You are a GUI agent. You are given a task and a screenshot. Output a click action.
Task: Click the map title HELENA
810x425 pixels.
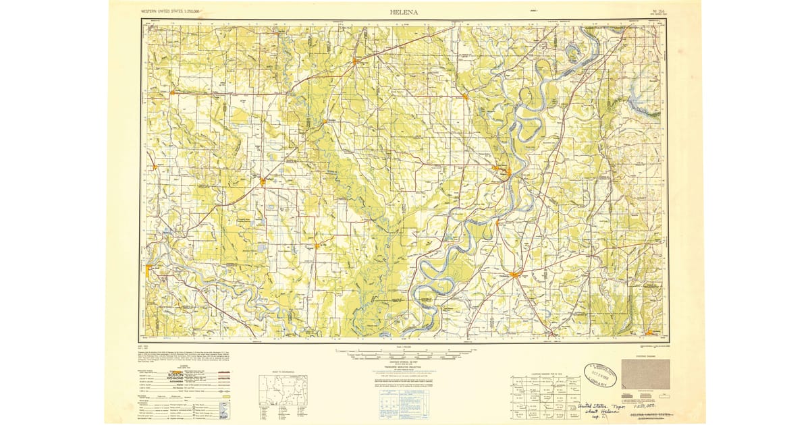[x=404, y=11]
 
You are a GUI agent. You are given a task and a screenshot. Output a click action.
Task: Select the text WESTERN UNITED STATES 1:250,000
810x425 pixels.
[x=174, y=12]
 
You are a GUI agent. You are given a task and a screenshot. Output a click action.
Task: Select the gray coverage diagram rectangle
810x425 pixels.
[x=645, y=374]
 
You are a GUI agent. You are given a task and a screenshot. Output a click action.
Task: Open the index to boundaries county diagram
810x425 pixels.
[x=283, y=389]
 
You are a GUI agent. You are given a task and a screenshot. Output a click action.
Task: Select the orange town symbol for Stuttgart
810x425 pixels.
[x=262, y=180]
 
